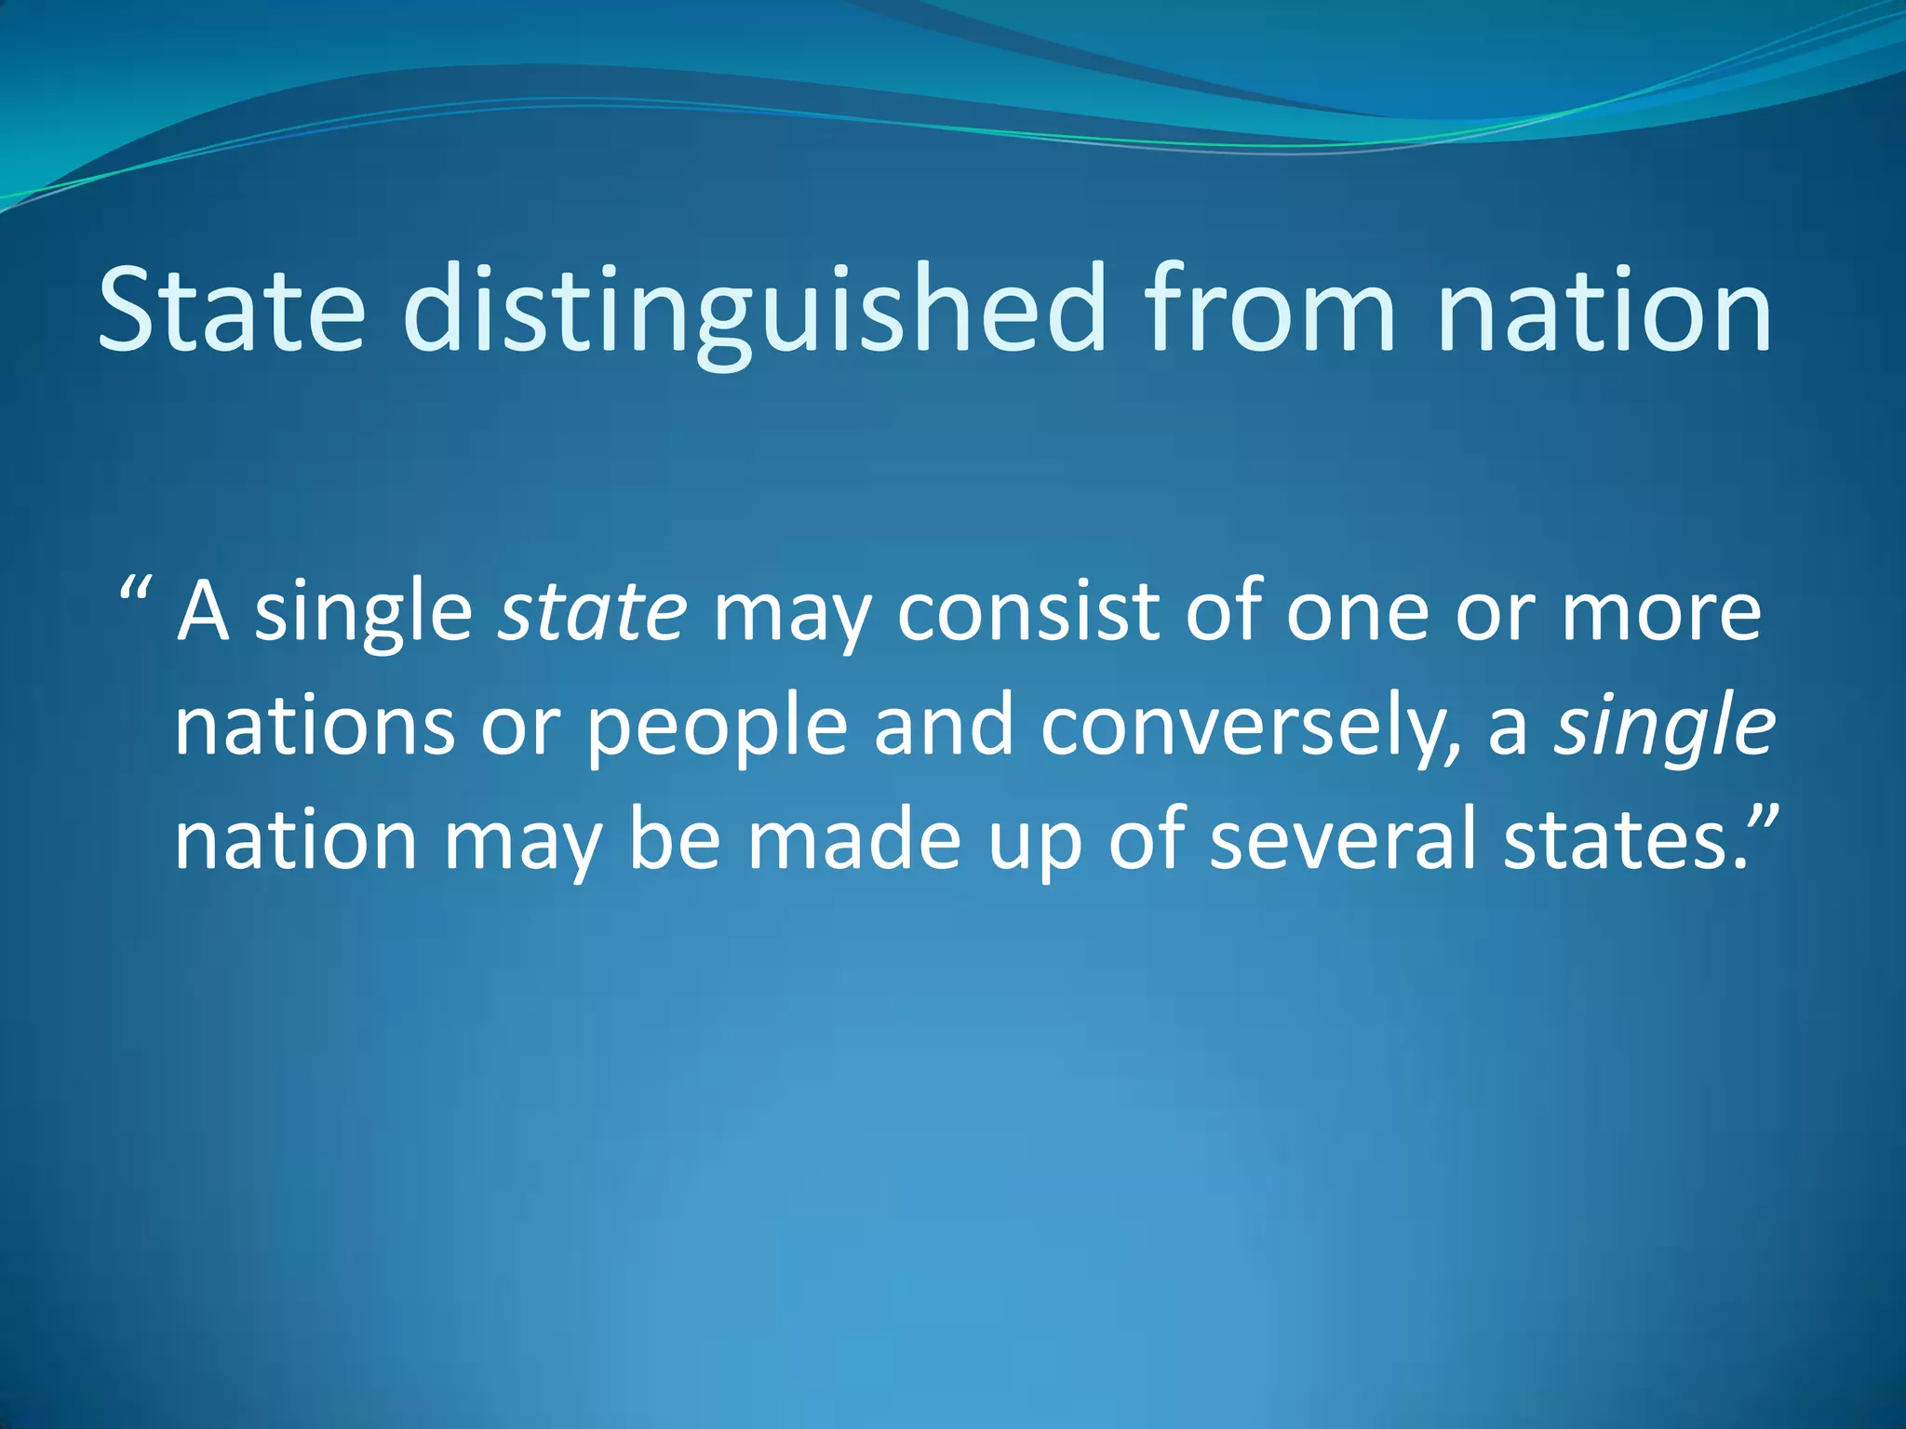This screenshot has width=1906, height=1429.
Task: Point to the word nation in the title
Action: [1604, 312]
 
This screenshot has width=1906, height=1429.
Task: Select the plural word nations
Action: [315, 728]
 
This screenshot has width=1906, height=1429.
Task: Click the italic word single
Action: [1664, 728]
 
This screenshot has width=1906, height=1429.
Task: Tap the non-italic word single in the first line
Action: [363, 614]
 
